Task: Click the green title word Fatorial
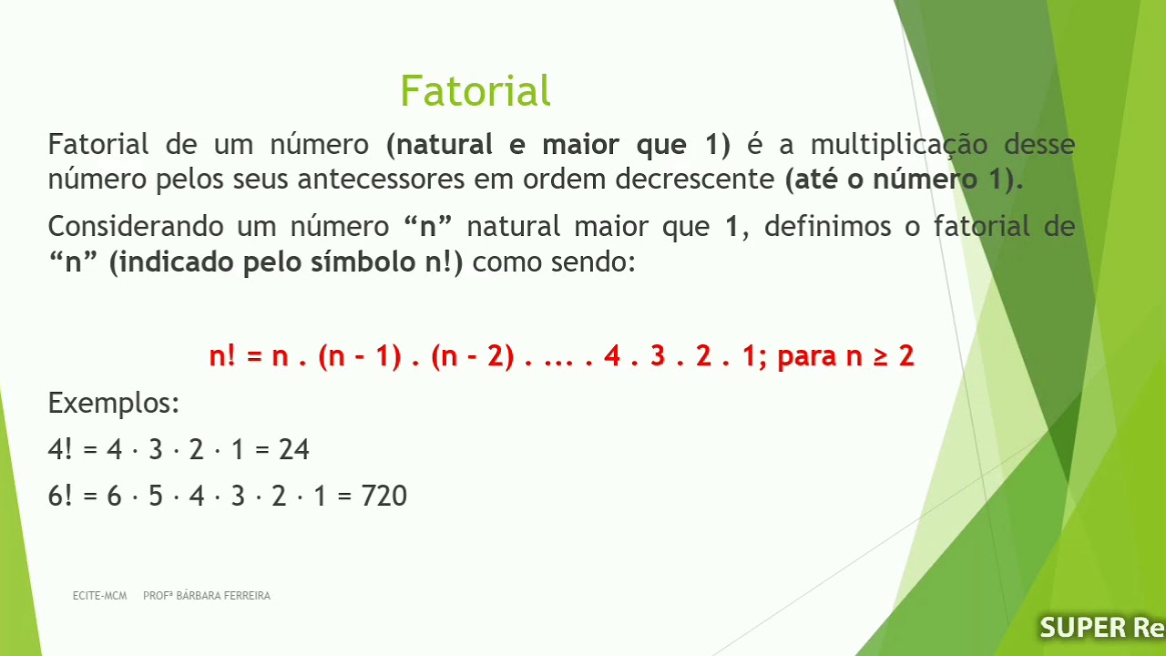475,91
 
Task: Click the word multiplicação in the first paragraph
899,145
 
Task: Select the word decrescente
696,179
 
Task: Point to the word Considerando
137,226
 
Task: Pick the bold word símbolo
365,262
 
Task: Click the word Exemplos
113,403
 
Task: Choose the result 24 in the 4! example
294,449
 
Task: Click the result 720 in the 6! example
384,496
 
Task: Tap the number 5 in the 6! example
155,496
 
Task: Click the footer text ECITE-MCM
99,596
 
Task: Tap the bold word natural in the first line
445,145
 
